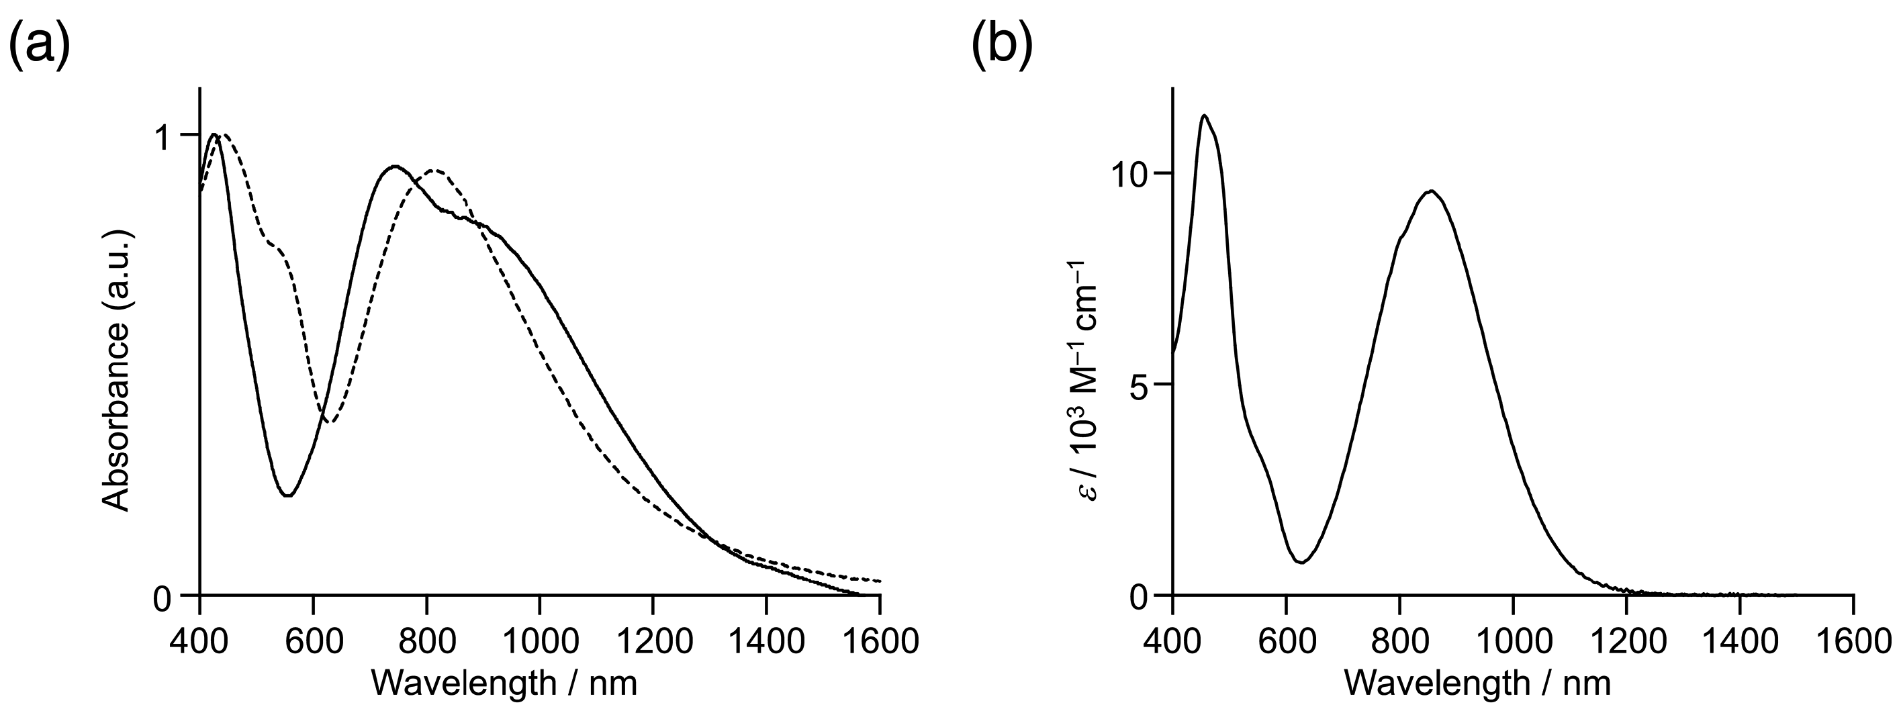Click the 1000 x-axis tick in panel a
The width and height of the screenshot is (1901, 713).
point(539,640)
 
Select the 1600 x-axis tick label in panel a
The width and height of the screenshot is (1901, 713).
point(880,640)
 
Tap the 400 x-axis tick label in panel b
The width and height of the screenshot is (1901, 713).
point(1172,640)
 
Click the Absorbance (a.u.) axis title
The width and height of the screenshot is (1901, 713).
point(117,370)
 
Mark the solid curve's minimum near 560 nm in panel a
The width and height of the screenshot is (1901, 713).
point(289,495)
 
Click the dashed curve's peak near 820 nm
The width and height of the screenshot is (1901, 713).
point(435,171)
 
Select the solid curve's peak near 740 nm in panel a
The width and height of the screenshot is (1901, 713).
point(396,166)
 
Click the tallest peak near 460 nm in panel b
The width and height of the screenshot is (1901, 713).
point(1205,115)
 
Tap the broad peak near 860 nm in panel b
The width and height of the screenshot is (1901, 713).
point(1431,191)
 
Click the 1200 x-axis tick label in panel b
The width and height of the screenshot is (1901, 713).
point(1626,640)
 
